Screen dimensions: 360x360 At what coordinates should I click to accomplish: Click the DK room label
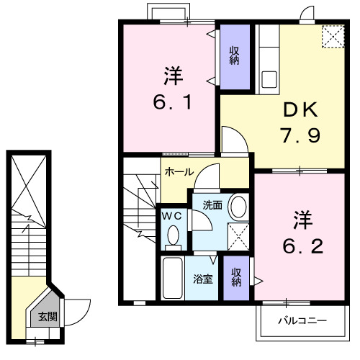pyautogui.click(x=299, y=110)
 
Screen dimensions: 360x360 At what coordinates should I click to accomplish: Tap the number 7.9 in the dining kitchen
pyautogui.click(x=299, y=135)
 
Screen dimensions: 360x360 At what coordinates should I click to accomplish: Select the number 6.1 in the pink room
pyautogui.click(x=171, y=102)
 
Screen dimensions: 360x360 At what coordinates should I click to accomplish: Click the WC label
pyautogui.click(x=170, y=215)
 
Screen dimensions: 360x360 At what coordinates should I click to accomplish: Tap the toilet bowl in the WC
pyautogui.click(x=174, y=235)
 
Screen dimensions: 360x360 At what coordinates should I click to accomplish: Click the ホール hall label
pyautogui.click(x=179, y=172)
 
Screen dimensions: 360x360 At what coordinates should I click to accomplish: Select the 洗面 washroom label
pyautogui.click(x=212, y=205)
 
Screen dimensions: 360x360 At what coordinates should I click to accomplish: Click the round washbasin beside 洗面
pyautogui.click(x=237, y=207)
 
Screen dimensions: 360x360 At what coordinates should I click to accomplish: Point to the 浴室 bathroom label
pyautogui.click(x=202, y=279)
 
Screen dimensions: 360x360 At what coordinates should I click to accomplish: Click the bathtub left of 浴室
pyautogui.click(x=173, y=280)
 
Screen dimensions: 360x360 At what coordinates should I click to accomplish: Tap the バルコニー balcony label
pyautogui.click(x=302, y=320)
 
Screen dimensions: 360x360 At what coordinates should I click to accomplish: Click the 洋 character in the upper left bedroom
pyautogui.click(x=171, y=75)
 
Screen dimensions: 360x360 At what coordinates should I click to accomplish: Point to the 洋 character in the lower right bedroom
pyautogui.click(x=302, y=218)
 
